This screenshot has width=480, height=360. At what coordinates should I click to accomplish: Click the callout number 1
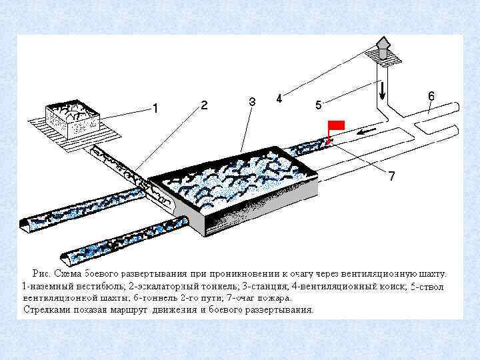coord(155,107)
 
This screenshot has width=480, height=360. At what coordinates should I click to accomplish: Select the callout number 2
coord(204,105)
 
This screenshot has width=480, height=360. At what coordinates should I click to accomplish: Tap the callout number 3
coord(252,102)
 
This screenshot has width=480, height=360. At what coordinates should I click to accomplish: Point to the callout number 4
coord(279,99)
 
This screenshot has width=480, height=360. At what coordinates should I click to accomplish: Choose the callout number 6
coord(431,96)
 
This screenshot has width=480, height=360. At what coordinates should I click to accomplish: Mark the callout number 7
coord(392,176)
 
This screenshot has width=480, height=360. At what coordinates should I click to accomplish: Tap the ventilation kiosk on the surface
coord(383,49)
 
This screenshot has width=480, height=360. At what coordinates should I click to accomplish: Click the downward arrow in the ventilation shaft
coord(381,87)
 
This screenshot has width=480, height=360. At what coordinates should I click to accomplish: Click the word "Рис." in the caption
coord(41,273)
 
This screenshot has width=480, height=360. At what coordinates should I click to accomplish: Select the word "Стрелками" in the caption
coord(45,310)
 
